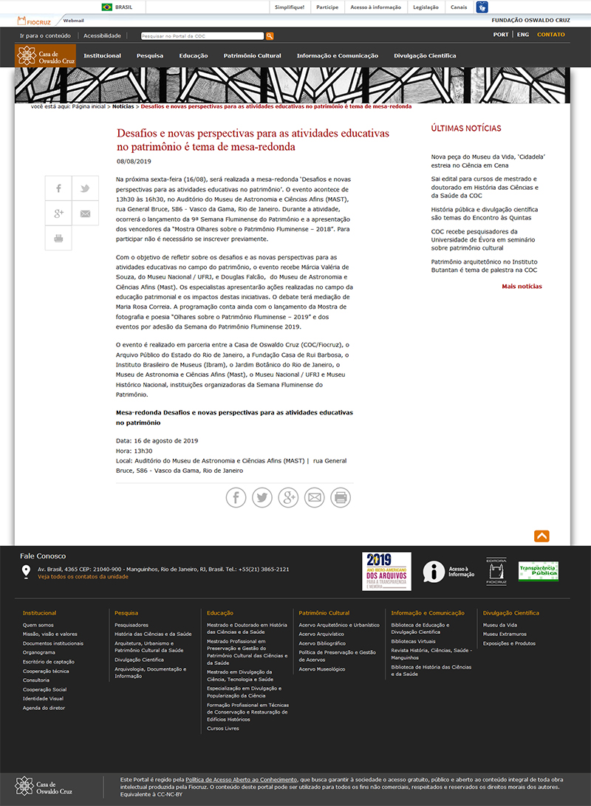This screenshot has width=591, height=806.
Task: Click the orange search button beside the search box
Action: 270,35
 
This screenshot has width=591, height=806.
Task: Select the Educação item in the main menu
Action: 193,55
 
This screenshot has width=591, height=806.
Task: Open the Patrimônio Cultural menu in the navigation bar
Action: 252,55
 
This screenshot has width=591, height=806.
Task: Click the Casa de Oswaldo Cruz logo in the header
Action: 45,55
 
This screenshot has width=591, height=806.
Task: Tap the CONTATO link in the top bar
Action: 550,34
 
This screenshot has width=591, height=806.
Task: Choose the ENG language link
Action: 523,34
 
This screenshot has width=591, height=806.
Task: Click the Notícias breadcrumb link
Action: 123,106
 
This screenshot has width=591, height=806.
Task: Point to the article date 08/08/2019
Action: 134,161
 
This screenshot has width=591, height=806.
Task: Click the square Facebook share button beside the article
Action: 58,188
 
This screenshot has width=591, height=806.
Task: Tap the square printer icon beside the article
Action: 58,238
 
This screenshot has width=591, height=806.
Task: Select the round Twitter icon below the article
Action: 262,497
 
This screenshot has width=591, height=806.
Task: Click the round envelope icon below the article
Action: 315,497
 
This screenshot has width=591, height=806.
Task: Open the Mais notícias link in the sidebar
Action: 522,286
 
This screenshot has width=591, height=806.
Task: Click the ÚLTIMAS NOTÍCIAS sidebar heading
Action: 465,129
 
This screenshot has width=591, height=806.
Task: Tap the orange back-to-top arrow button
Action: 542,536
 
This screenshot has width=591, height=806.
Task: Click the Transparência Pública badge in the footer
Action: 538,571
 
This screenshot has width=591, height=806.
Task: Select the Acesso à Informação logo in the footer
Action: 448,571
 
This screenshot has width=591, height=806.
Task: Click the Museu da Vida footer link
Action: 500,625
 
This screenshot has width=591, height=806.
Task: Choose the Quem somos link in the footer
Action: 38,625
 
